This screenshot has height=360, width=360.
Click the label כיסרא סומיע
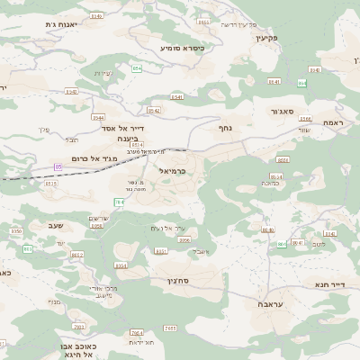tap(182, 47)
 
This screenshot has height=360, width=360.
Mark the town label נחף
tap(226, 128)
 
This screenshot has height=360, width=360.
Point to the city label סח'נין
tap(177, 282)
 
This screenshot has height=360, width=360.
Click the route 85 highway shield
tap(58, 166)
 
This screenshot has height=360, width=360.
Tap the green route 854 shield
tap(137, 68)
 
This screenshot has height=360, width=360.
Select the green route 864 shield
tap(301, 83)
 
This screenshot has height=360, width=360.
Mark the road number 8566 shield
tap(306, 119)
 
